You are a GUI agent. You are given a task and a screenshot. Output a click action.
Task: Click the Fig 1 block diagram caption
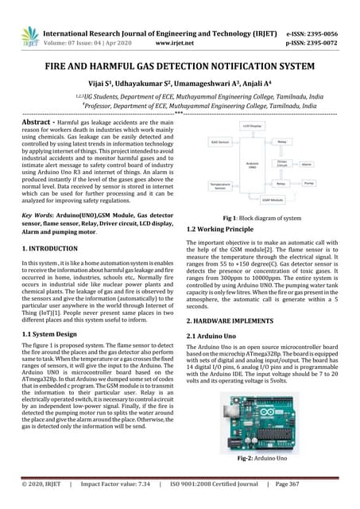262,218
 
